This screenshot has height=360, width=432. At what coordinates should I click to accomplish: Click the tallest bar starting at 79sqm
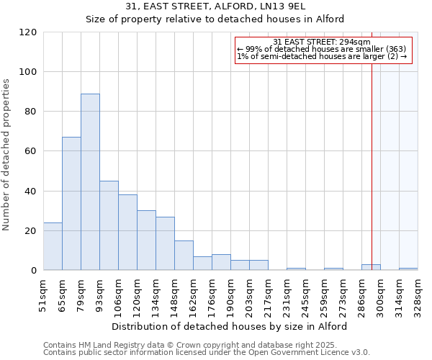click(x=90, y=181)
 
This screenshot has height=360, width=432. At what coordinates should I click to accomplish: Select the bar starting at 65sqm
click(x=71, y=204)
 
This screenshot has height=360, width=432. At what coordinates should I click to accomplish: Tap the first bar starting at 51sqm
click(x=53, y=246)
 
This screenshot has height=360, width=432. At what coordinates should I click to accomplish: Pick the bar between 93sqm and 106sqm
click(x=109, y=225)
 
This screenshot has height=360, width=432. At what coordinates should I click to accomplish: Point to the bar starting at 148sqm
click(x=184, y=256)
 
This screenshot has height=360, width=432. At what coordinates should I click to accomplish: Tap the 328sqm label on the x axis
click(x=418, y=295)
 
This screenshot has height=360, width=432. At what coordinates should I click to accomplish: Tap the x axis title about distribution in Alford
click(x=230, y=326)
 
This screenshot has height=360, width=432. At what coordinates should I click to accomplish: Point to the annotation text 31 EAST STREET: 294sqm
click(x=322, y=42)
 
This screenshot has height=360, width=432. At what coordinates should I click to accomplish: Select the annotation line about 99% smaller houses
click(x=322, y=49)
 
